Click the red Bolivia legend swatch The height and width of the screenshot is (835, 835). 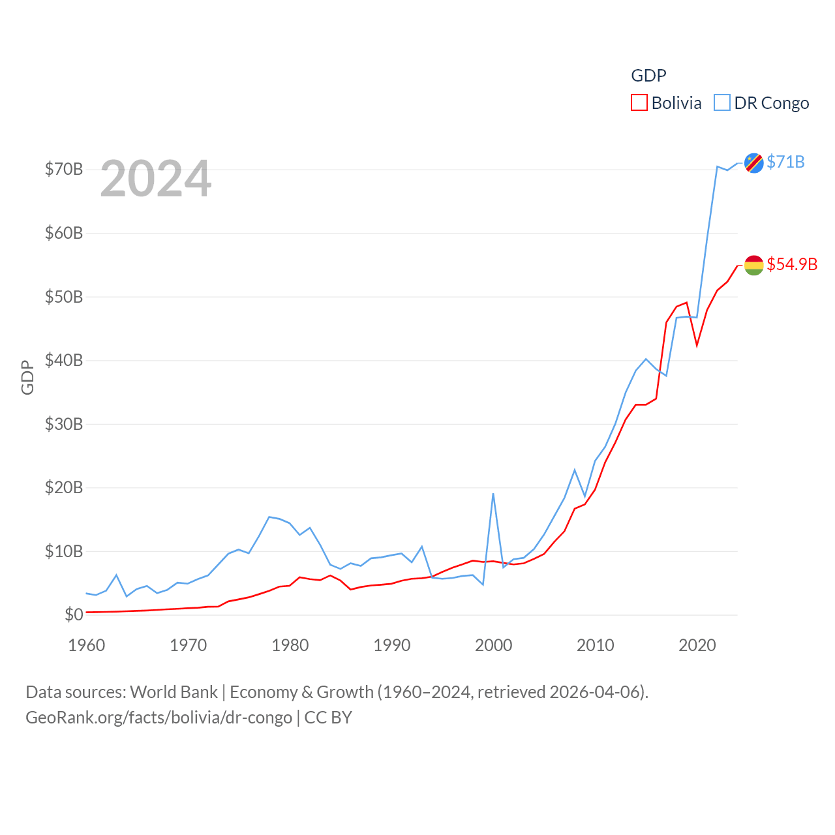639,103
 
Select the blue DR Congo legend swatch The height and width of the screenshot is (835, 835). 722,103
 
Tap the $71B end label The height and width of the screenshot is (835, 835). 785,162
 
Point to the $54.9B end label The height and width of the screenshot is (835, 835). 792,264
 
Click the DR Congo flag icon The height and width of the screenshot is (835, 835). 754,162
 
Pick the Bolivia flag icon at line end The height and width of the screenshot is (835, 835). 754,265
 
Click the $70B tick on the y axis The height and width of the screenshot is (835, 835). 64,170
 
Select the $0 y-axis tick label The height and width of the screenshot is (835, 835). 74,615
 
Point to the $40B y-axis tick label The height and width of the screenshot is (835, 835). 64,360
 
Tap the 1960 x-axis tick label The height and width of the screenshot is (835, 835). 87,645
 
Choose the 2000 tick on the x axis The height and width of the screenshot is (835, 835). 494,645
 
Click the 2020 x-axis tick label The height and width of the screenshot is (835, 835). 697,645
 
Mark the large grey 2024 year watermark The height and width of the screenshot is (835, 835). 156,179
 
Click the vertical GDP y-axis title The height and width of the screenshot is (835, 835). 27,377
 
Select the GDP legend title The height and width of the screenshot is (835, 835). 648,76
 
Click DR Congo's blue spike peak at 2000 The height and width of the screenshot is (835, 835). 493,494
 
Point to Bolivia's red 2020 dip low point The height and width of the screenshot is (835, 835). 697,344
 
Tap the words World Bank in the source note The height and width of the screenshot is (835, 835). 174,691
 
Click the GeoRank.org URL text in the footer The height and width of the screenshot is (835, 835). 159,718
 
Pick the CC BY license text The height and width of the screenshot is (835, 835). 328,718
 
